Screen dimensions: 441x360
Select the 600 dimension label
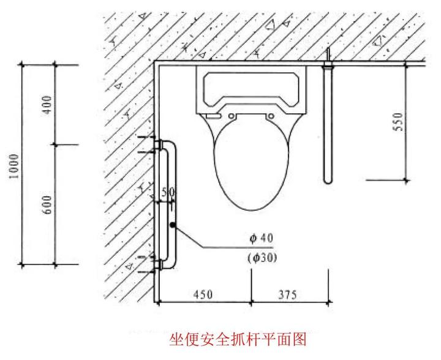tap(48, 204)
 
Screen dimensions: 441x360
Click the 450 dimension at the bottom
tap(203, 294)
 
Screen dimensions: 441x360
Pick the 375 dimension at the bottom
tap(287, 294)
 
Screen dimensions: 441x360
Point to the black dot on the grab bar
tap(173, 226)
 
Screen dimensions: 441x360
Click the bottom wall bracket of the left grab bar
tap(158, 264)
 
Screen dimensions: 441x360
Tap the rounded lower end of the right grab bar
tap(328, 179)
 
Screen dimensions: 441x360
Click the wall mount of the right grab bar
tap(328, 62)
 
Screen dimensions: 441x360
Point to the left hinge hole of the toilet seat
tap(232, 115)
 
